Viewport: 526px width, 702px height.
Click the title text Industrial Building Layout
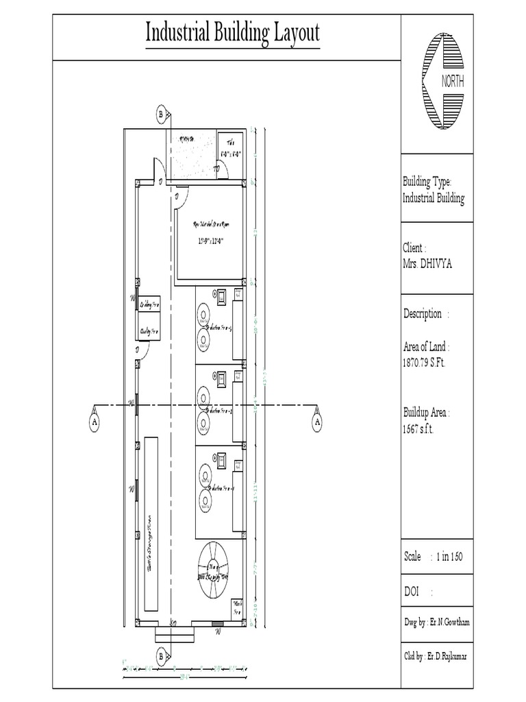(232, 34)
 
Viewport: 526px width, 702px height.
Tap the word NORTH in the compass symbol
(453, 82)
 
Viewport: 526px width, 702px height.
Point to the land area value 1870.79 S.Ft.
(424, 363)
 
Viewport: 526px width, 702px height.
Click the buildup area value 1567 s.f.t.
(418, 429)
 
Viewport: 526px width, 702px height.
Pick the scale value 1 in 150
(450, 557)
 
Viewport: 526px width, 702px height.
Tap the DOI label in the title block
(412, 592)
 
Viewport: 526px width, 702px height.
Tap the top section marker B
(161, 114)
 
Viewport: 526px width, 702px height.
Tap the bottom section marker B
(161, 657)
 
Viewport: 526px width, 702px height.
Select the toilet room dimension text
(229, 154)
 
